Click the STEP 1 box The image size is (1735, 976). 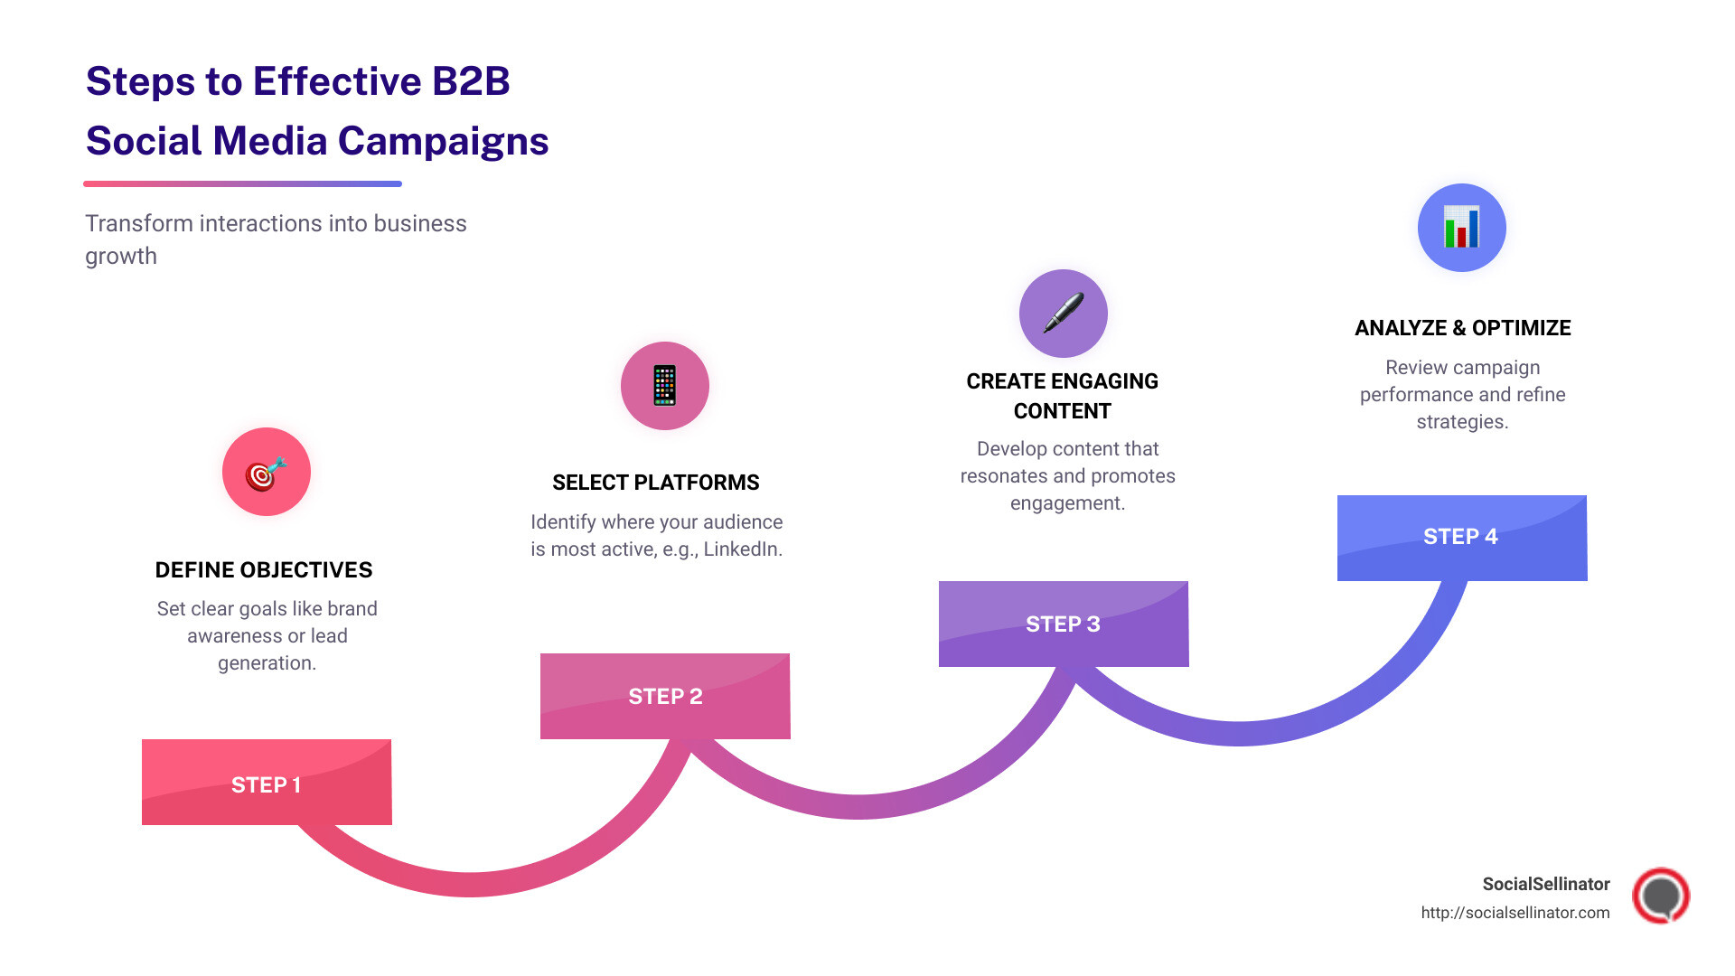coord(267,783)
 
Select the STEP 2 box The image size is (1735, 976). coord(665,696)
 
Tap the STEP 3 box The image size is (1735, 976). coord(1064,624)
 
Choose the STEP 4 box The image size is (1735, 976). coord(1461,537)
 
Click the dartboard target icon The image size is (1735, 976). coord(267,473)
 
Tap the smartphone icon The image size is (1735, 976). coord(665,386)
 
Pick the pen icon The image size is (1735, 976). coord(1064,314)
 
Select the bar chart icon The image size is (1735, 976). coord(1461,228)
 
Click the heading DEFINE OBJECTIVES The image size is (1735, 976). coord(264,570)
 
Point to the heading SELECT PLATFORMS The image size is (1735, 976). coord(656,483)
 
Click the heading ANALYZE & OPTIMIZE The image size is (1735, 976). coord(1462,328)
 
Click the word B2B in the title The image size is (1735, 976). coord(471,81)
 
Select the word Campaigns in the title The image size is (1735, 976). coord(443,141)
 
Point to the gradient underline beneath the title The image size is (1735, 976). coord(242,183)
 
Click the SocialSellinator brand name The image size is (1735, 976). coord(1546,884)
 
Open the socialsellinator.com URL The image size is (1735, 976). coord(1515,913)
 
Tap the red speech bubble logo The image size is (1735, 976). coord(1661,896)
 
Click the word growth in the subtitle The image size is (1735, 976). coord(121,257)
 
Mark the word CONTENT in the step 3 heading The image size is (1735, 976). coord(1063,411)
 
